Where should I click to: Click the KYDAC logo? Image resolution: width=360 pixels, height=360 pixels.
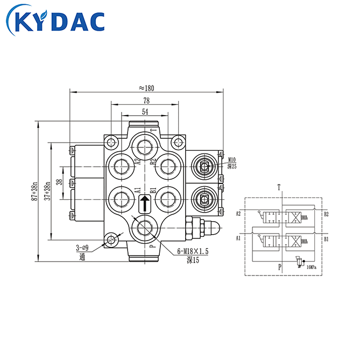pos(55,22)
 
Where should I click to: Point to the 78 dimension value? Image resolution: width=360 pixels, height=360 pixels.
pos(145,101)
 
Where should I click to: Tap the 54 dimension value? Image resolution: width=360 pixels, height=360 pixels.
pos(145,111)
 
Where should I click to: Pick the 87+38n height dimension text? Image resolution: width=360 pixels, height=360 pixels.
pos(34,190)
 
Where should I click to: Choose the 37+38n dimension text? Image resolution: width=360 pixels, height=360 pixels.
pos(47,190)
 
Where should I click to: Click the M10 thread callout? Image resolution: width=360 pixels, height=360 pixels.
pos(232,160)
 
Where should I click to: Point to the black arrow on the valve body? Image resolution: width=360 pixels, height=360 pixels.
pos(144,204)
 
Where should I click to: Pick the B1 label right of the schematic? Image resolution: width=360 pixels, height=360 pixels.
pos(326,237)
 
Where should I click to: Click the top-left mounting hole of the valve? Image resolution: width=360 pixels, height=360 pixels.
pos(112,143)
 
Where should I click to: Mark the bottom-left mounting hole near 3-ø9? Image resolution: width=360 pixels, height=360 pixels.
pos(111,239)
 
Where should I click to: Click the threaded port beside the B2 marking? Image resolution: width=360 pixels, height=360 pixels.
pos(167,165)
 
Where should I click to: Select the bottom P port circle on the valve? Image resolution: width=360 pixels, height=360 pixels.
pos(144,228)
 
